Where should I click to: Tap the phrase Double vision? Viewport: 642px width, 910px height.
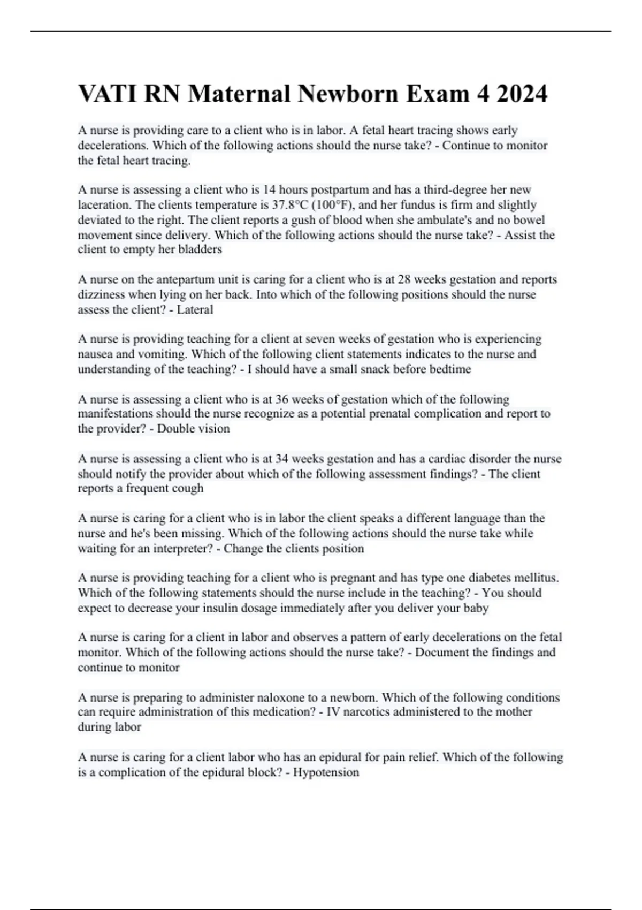point(194,429)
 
